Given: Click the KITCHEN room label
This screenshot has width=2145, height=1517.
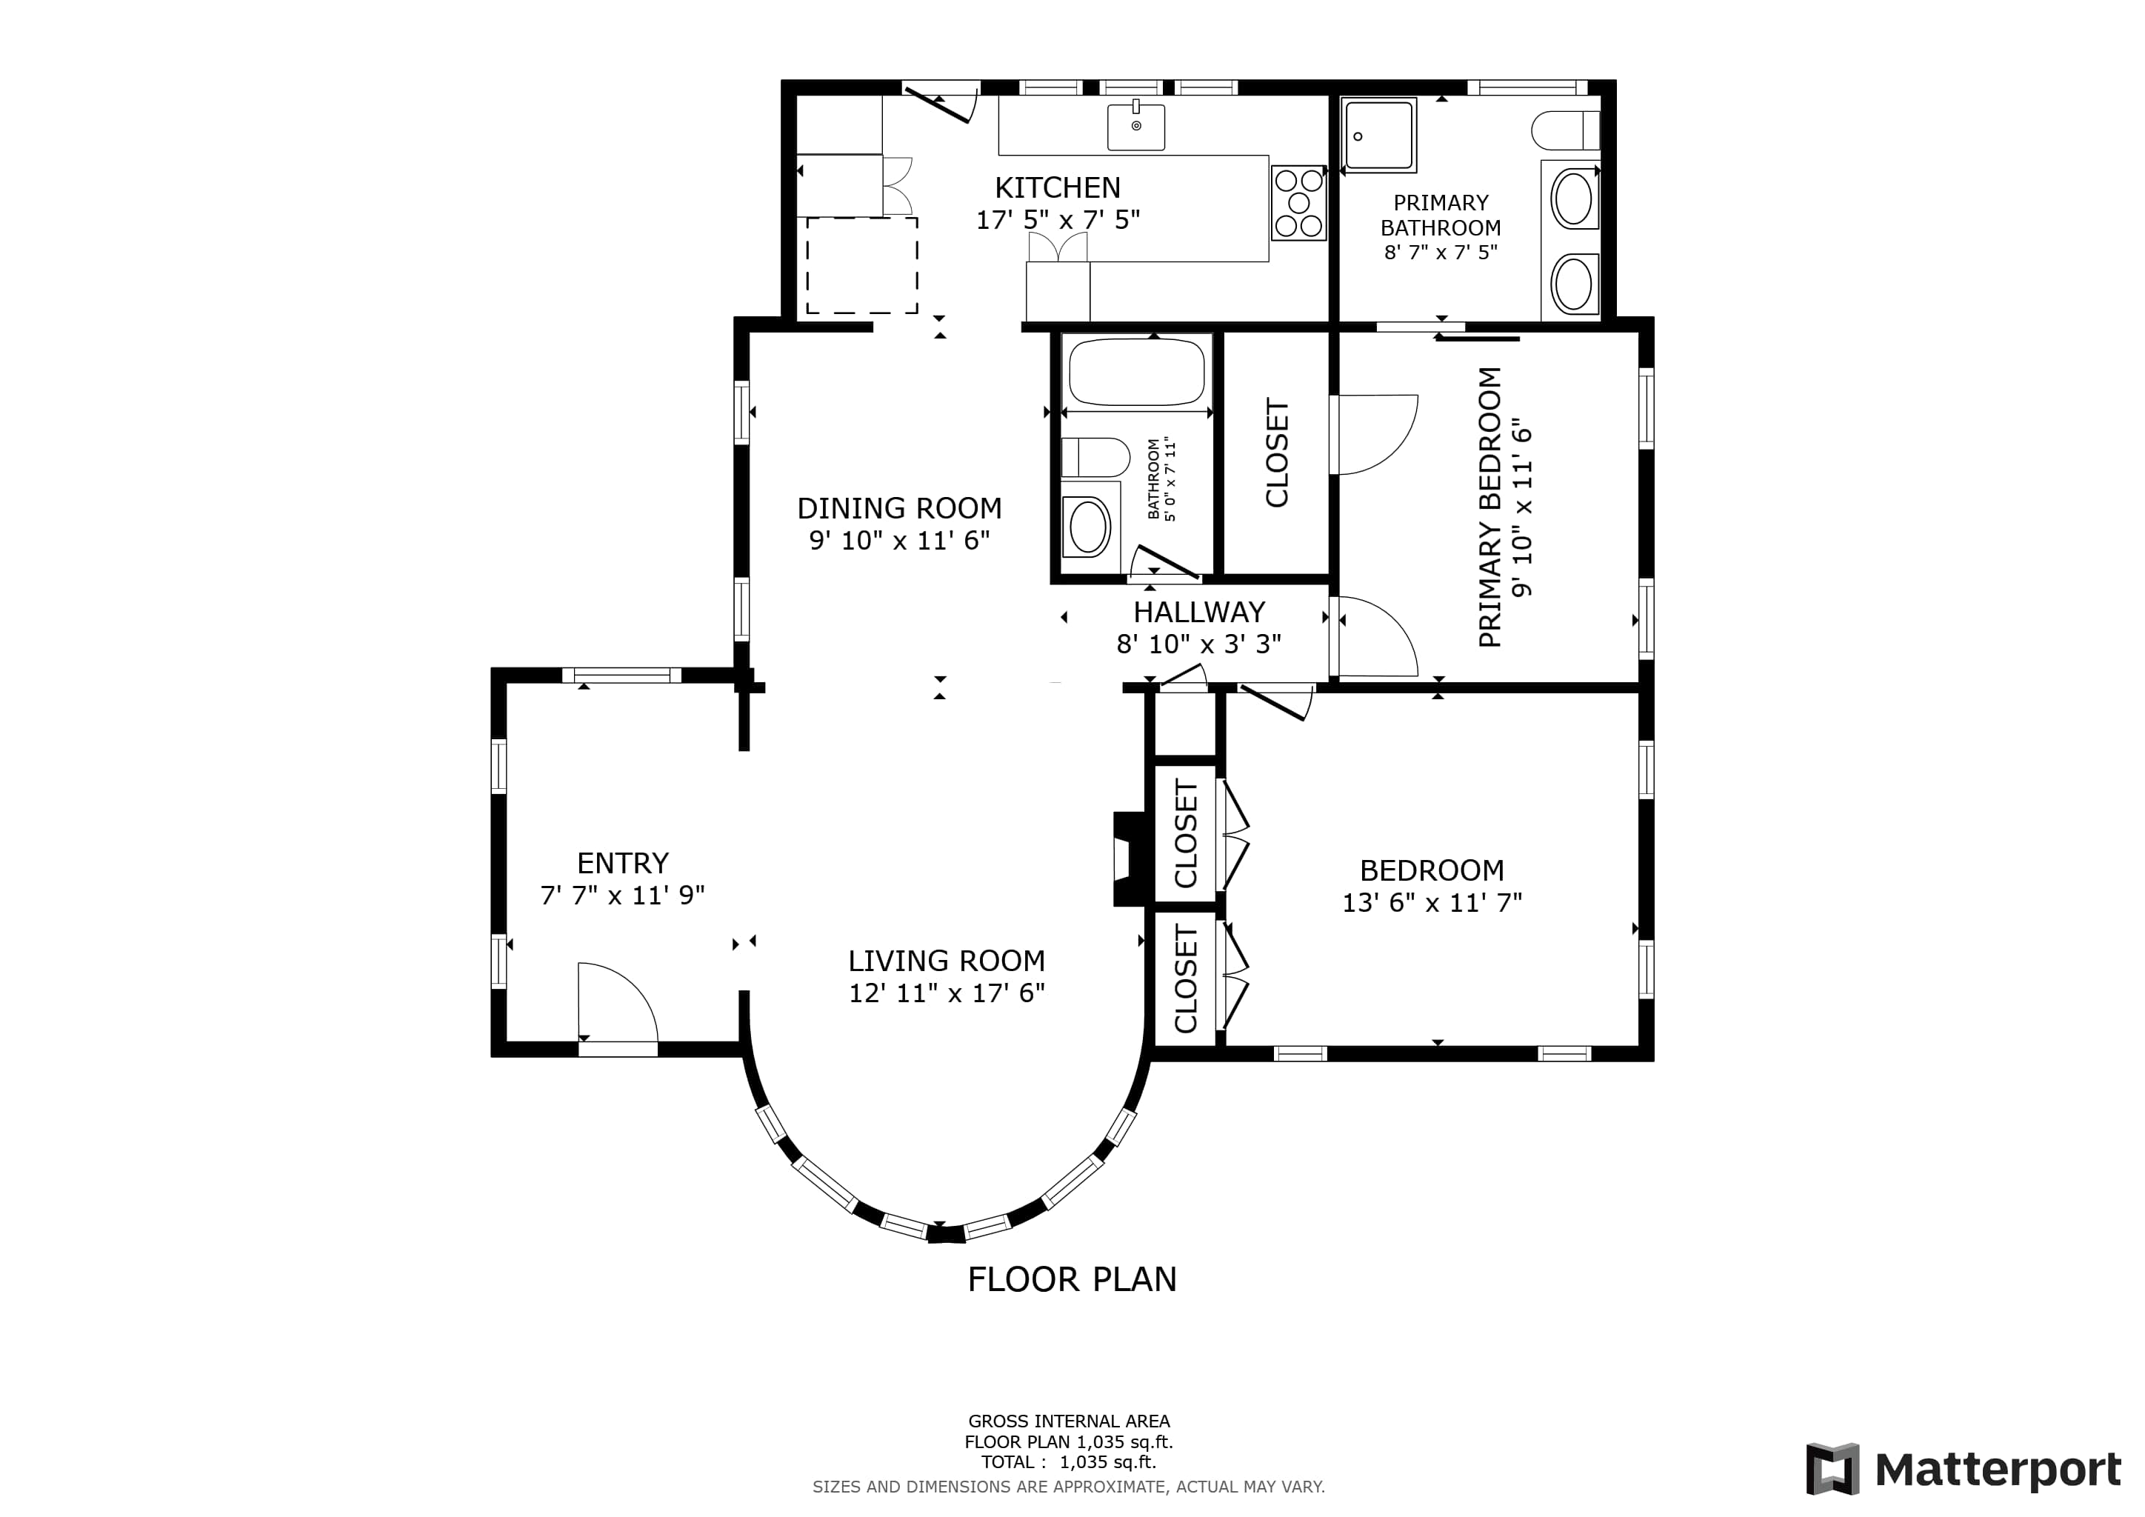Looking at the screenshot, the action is (x=1058, y=187).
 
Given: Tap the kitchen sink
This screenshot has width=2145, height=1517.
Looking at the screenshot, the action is (x=1136, y=127).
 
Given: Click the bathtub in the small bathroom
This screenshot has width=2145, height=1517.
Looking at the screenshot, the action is (x=1137, y=372).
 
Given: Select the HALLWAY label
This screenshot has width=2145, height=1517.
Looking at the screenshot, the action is (x=1200, y=612).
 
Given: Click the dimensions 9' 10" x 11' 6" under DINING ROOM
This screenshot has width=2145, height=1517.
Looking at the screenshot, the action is (x=900, y=540).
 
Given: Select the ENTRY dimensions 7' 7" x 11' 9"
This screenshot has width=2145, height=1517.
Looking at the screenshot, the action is (x=622, y=895).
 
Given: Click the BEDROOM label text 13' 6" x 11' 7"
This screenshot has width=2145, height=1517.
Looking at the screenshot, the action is (x=1432, y=902).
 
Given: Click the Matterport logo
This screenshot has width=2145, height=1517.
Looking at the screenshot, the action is (x=1963, y=1470).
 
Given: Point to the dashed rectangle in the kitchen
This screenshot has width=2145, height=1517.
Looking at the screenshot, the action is (x=861, y=265).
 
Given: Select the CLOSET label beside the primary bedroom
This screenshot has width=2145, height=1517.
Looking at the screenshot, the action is (x=1277, y=453).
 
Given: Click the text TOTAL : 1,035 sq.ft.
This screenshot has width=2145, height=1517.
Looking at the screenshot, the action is (x=1069, y=1462).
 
